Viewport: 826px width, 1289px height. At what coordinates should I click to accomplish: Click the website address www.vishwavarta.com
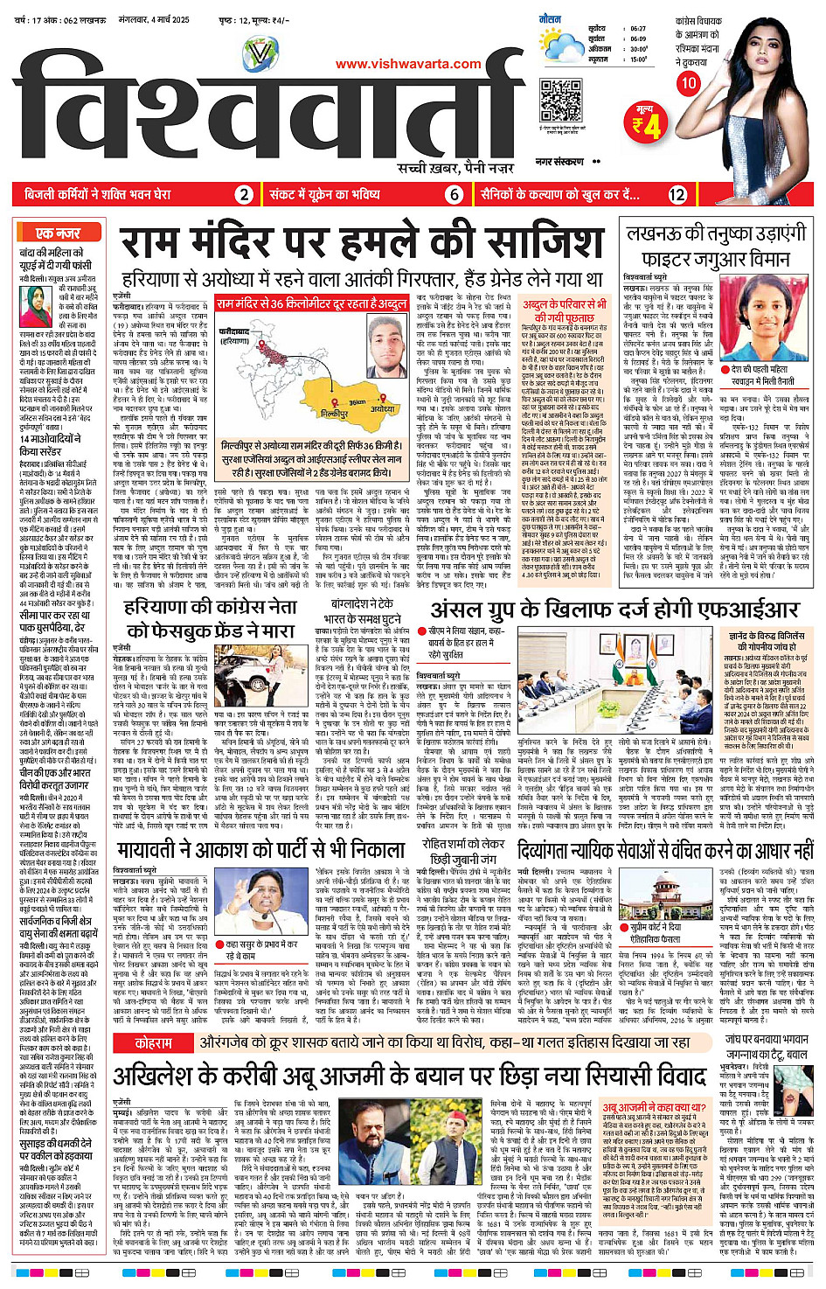(x=408, y=64)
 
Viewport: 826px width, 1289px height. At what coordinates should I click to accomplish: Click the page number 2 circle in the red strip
(x=245, y=195)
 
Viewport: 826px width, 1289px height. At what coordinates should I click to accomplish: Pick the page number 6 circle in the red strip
(x=454, y=195)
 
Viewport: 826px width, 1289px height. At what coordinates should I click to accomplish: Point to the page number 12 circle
(x=677, y=195)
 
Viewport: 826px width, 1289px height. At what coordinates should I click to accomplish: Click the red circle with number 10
(x=689, y=83)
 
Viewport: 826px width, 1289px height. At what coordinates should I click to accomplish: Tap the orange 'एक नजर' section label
(x=58, y=233)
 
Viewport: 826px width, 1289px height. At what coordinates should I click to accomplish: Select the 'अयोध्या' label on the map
(x=382, y=408)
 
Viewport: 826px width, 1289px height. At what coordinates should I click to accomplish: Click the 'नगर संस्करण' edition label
(x=560, y=162)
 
